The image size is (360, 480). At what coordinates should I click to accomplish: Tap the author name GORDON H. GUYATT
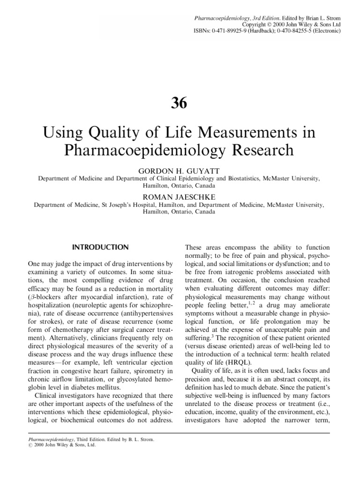(x=180, y=171)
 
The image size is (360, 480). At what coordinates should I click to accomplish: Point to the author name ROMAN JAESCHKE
(x=180, y=197)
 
